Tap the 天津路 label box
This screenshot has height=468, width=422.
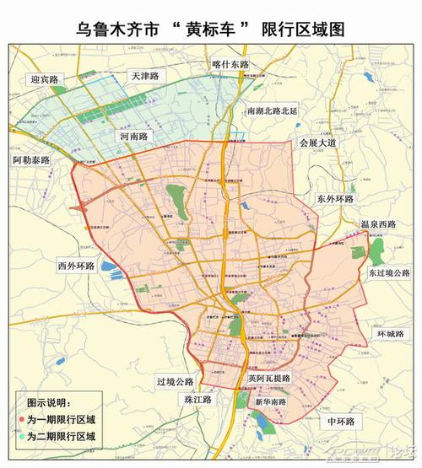[x=145, y=75]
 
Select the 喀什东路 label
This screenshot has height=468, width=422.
[x=231, y=64]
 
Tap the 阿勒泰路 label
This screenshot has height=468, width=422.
[x=32, y=159]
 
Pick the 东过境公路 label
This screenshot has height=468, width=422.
[x=388, y=273]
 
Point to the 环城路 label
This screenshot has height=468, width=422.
[x=390, y=334]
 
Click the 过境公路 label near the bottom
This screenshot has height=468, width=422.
[x=175, y=380]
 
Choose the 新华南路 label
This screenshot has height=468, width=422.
[x=270, y=401]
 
